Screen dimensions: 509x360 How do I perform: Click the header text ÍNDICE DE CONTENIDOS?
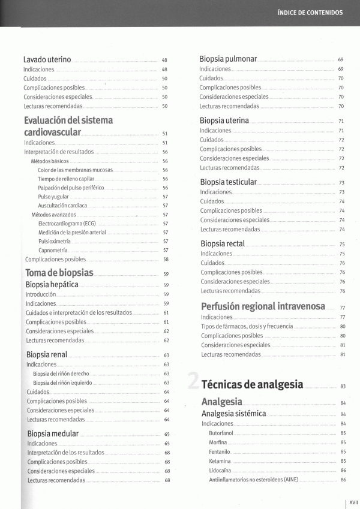click(x=310, y=12)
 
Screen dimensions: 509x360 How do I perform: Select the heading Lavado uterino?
click(x=47, y=60)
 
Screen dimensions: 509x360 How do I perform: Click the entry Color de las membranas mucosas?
click(x=75, y=170)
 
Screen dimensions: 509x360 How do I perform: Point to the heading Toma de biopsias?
click(x=59, y=273)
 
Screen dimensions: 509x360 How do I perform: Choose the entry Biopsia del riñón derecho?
click(x=61, y=374)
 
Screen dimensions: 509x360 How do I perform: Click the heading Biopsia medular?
click(x=53, y=433)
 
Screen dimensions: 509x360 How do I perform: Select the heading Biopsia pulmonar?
click(x=228, y=59)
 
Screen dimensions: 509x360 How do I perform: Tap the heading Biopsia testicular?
click(x=228, y=182)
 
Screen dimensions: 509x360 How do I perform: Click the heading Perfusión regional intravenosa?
click(x=263, y=306)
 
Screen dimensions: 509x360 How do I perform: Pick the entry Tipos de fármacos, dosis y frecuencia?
click(x=247, y=326)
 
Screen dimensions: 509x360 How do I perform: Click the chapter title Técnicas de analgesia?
click(x=253, y=384)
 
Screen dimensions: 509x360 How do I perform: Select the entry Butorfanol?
click(x=221, y=433)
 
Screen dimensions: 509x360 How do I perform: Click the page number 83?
click(x=343, y=386)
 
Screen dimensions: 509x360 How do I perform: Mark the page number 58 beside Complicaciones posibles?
click(x=166, y=260)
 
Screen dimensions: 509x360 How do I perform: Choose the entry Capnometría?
click(x=53, y=250)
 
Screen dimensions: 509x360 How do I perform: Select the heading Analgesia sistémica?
click(x=233, y=414)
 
